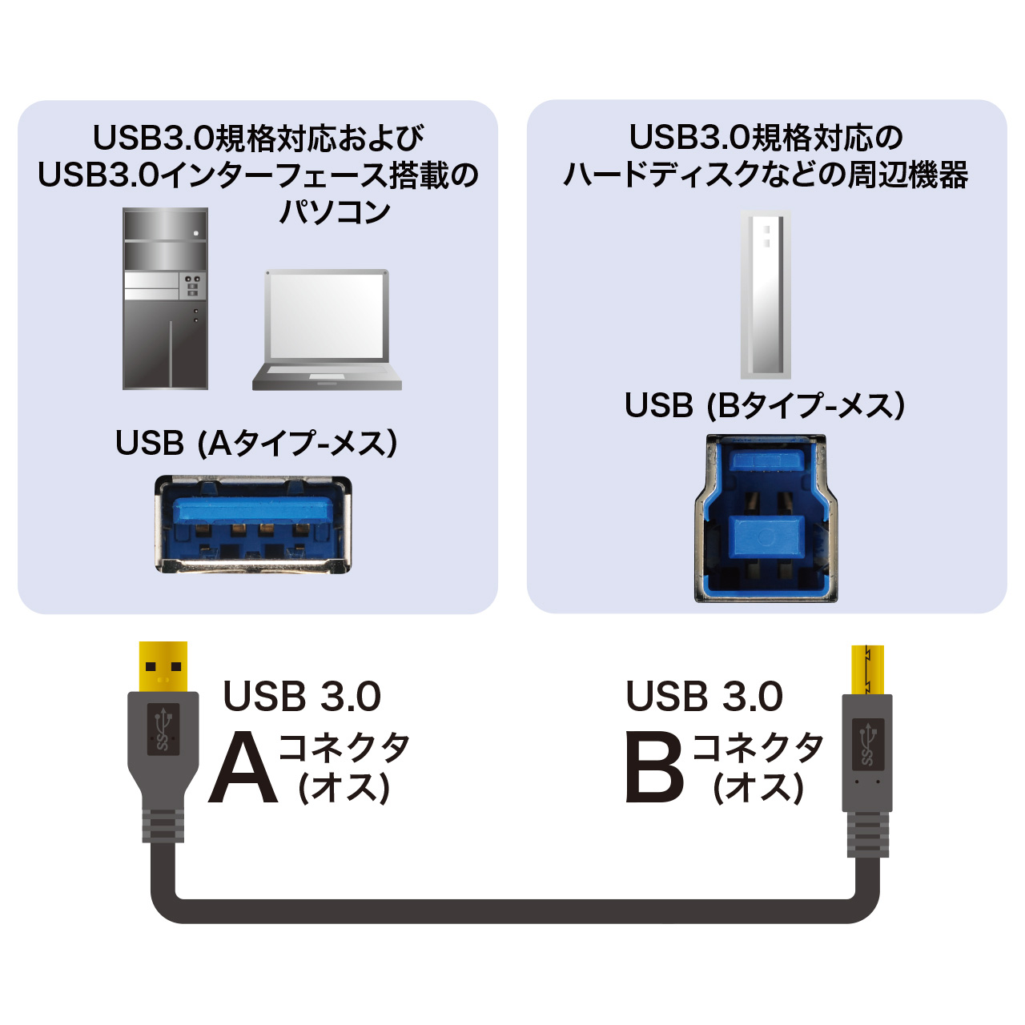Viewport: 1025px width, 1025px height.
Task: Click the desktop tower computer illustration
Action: [165, 299]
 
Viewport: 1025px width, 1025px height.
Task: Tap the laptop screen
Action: [327, 316]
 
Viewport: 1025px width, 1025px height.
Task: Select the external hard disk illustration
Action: [766, 294]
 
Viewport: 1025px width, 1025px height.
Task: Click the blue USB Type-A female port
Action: [253, 525]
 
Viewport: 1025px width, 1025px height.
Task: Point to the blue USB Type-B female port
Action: [766, 519]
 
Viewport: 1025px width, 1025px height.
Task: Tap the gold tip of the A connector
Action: [163, 666]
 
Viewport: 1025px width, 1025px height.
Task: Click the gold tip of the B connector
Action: [867, 670]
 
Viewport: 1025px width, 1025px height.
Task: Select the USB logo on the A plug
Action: [163, 730]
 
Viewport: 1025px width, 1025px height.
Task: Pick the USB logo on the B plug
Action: [868, 744]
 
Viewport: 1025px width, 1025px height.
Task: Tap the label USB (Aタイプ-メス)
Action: [256, 443]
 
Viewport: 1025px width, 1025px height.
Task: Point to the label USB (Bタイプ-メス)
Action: [765, 405]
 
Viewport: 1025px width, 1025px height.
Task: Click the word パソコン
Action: [335, 211]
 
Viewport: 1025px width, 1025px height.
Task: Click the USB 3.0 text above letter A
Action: [302, 696]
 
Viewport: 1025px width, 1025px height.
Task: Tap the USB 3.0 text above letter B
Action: [704, 696]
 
